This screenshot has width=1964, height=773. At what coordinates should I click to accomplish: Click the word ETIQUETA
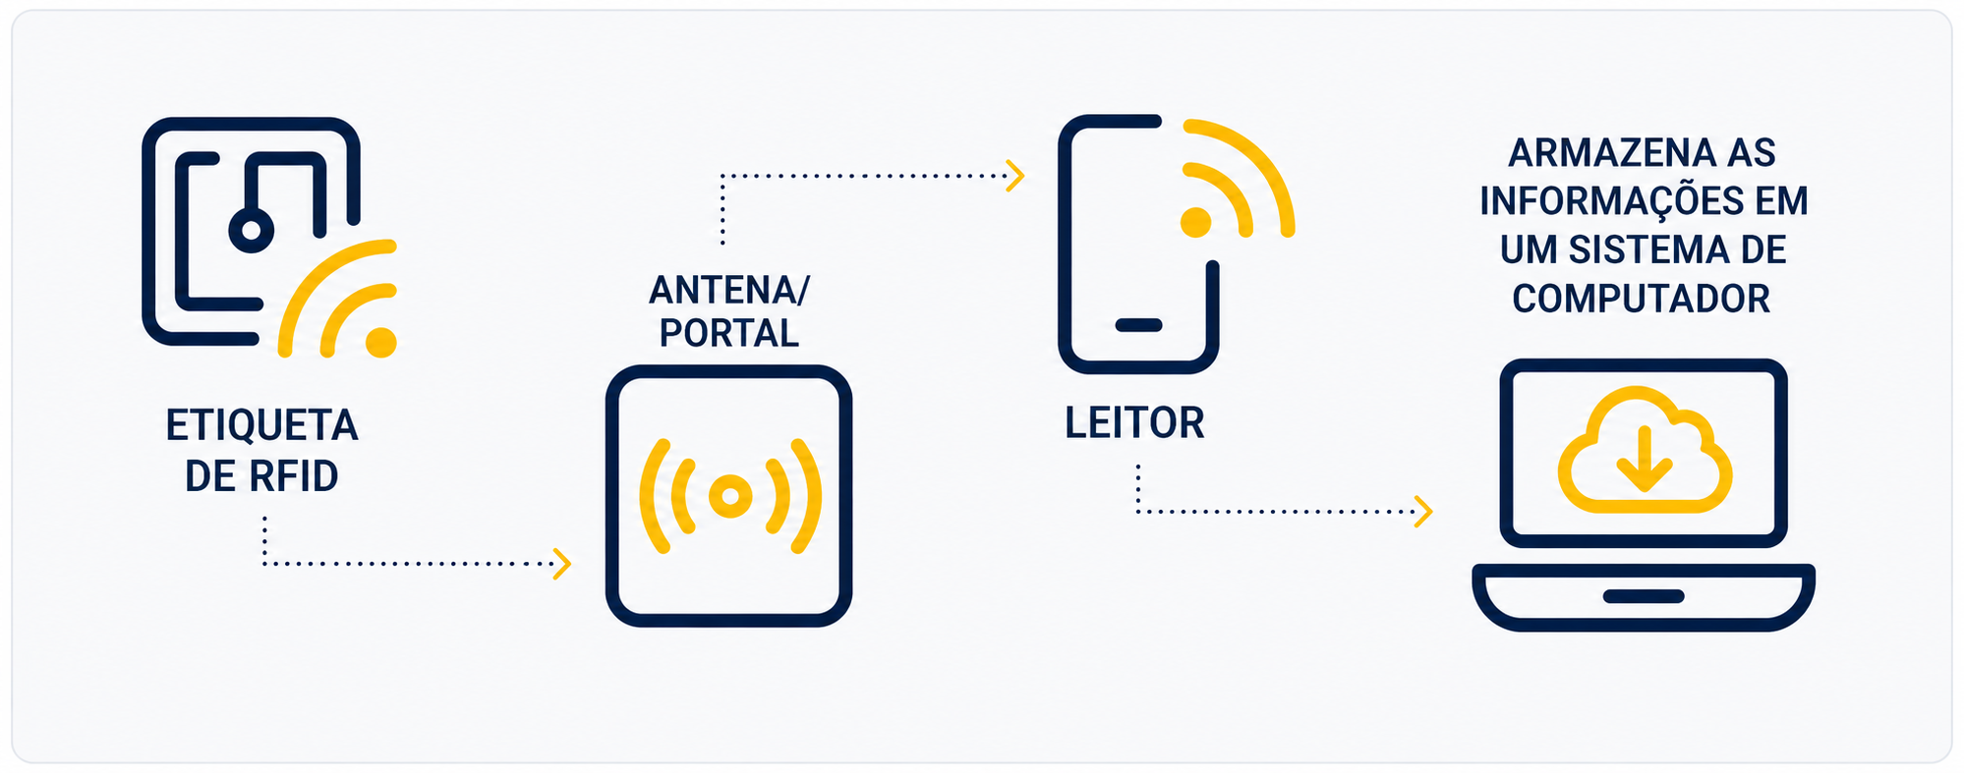tap(261, 425)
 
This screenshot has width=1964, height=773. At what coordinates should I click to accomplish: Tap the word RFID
tap(293, 476)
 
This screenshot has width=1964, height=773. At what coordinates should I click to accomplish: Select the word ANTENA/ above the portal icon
tap(729, 290)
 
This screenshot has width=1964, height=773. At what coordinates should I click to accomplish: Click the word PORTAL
tap(729, 333)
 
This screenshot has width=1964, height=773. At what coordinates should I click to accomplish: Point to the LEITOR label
tap(1134, 423)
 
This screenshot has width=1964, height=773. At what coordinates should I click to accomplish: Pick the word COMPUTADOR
tap(1642, 299)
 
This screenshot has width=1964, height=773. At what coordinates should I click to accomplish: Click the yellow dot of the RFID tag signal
tap(380, 342)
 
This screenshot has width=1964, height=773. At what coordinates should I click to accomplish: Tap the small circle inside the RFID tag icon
tap(252, 230)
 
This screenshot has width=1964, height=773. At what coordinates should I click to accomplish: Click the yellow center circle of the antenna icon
tap(729, 496)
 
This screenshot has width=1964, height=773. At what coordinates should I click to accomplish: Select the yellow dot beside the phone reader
tap(1195, 222)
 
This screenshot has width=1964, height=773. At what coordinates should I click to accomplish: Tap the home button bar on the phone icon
tap(1138, 325)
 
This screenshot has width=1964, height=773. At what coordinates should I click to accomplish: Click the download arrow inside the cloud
tap(1645, 458)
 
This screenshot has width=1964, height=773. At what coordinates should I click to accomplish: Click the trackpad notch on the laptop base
tap(1644, 596)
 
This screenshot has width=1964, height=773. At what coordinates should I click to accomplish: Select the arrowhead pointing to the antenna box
tap(563, 564)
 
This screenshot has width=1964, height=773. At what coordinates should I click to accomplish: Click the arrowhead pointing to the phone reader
tap(1016, 177)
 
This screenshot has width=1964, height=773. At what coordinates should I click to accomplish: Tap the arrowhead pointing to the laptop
tap(1423, 512)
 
